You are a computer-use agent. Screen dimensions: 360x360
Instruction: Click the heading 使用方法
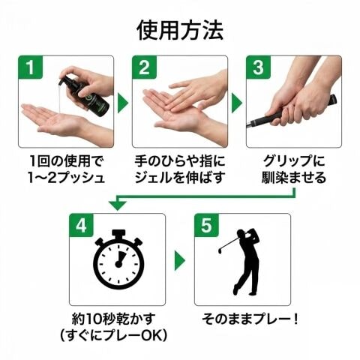click(x=180, y=31)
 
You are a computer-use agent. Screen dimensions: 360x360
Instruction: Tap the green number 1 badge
click(x=31, y=67)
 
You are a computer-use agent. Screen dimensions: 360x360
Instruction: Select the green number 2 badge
click(x=145, y=67)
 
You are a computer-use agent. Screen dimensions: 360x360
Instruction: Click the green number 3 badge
click(x=259, y=67)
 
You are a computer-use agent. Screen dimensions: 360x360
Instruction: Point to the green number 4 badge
click(x=82, y=225)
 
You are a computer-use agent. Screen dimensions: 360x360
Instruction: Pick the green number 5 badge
click(x=207, y=225)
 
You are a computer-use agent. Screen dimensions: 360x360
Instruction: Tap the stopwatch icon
click(x=118, y=259)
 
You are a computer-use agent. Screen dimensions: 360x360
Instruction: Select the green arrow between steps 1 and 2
click(x=122, y=103)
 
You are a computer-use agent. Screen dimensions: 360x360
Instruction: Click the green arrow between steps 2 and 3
click(x=236, y=103)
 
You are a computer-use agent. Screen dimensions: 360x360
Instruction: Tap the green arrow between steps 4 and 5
click(x=179, y=261)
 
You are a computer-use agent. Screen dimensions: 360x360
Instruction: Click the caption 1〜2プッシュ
click(x=66, y=178)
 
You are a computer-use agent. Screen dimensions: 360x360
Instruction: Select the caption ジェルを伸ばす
click(x=179, y=178)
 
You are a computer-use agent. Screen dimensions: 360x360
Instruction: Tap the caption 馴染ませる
click(x=294, y=178)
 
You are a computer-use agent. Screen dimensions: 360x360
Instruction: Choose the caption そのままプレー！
click(x=250, y=319)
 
